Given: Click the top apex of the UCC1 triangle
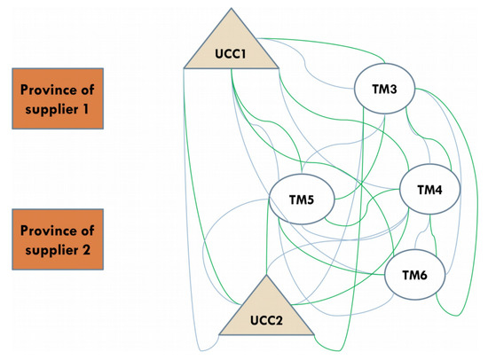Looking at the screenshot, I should (230, 8).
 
